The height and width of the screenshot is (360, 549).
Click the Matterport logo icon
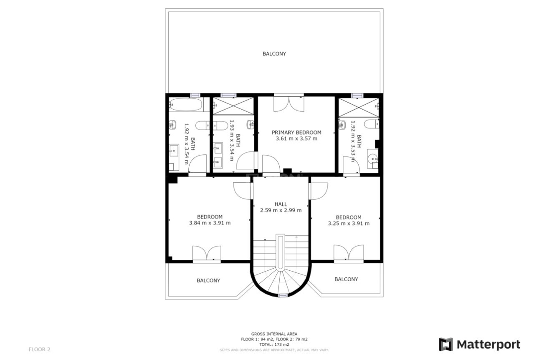pyautogui.click(x=446, y=345)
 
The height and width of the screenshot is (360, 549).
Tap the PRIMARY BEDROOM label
pyautogui.click(x=296, y=132)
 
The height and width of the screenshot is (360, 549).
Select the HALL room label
pyautogui.click(x=281, y=204)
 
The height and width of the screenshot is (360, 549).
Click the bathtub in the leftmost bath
pyautogui.click(x=185, y=104)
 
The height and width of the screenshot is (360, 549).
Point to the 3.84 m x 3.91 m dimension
pyautogui.click(x=210, y=223)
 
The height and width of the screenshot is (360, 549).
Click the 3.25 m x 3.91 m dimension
pyautogui.click(x=349, y=224)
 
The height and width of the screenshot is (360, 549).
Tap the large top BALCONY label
pyautogui.click(x=274, y=54)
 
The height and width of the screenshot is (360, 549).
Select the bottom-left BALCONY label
pyautogui.click(x=208, y=281)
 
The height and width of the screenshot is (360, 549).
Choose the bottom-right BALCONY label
pyautogui.click(x=346, y=279)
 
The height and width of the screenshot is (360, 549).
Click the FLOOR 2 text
pyautogui.click(x=39, y=350)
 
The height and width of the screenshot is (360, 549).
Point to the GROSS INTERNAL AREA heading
pyautogui.click(x=274, y=334)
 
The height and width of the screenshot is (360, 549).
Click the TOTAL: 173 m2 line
pyautogui.click(x=274, y=345)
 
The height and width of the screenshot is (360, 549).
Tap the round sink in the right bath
pyautogui.click(x=373, y=158)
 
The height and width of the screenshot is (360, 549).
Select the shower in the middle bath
pyautogui.click(x=233, y=106)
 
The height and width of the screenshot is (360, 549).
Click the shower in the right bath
pyautogui.click(x=358, y=107)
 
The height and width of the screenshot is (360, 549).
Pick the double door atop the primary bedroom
pyautogui.click(x=288, y=103)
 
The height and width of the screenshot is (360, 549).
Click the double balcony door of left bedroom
pyautogui.click(x=207, y=253)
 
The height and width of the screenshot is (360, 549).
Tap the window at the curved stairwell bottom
pyautogui.click(x=283, y=295)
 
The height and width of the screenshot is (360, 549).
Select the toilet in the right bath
pyautogui.click(x=371, y=124)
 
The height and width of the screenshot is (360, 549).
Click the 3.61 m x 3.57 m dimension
pyautogui.click(x=296, y=138)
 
